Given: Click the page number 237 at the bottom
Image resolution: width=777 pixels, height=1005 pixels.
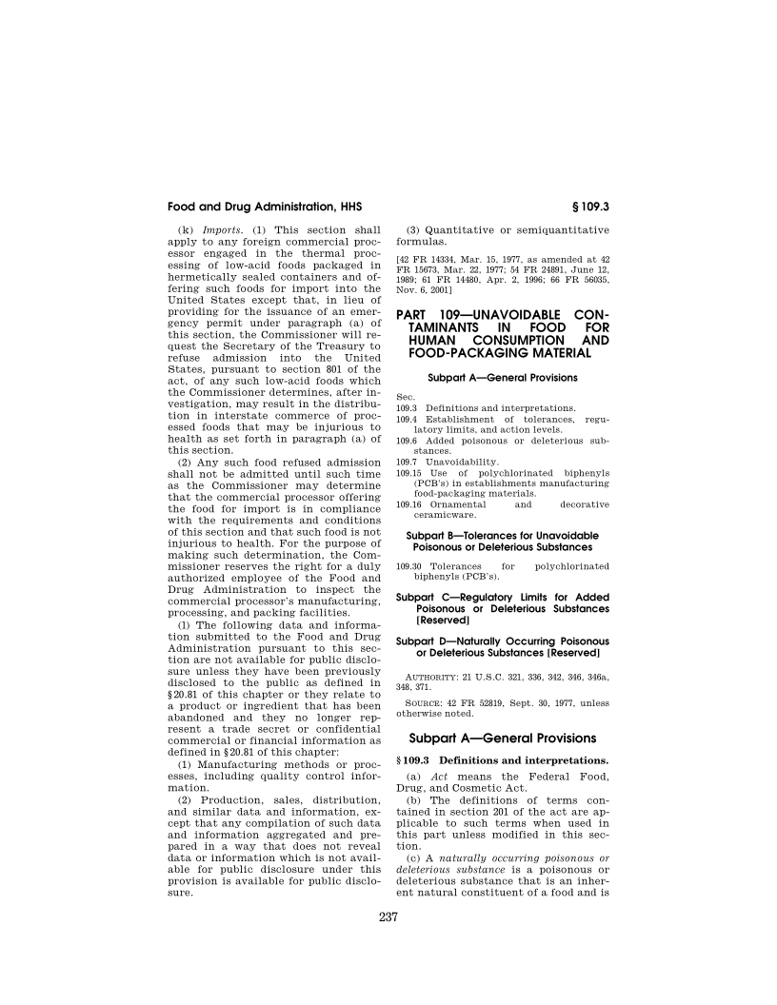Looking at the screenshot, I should point(388,917).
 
